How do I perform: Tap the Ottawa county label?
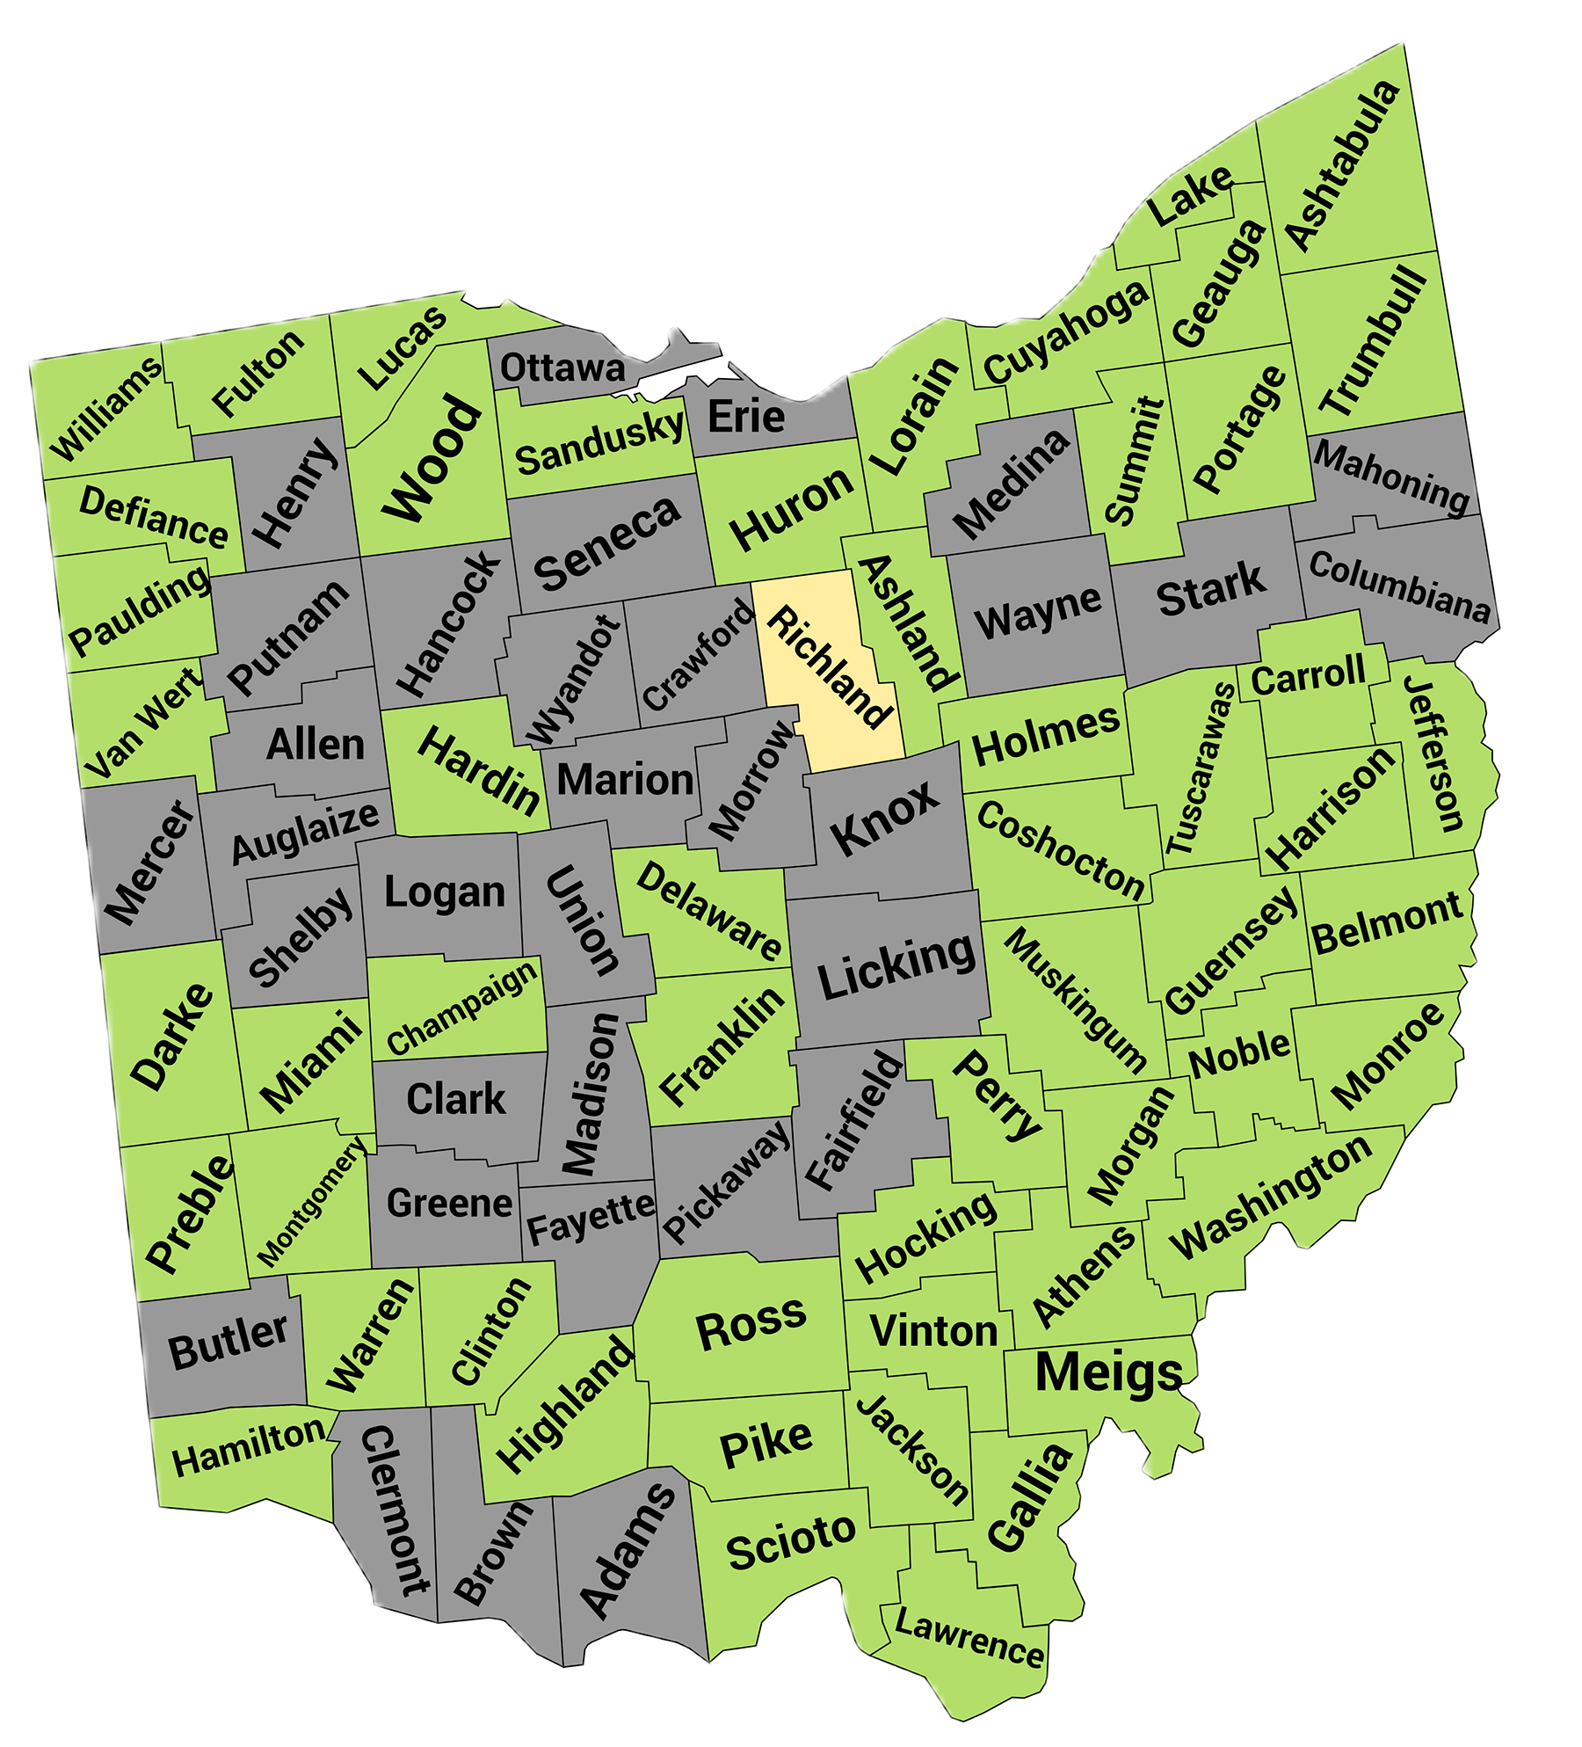tap(562, 368)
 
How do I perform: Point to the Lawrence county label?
tap(969, 1637)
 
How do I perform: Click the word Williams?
tap(106, 408)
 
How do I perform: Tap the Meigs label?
tap(1109, 1372)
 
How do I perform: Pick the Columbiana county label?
tap(1399, 587)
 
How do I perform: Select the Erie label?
tap(746, 416)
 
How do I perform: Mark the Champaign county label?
tap(462, 1008)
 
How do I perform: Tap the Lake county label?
tap(1191, 195)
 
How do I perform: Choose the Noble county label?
tap(1240, 1052)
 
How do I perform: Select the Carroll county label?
tap(1308, 675)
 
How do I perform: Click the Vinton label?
tap(933, 1331)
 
